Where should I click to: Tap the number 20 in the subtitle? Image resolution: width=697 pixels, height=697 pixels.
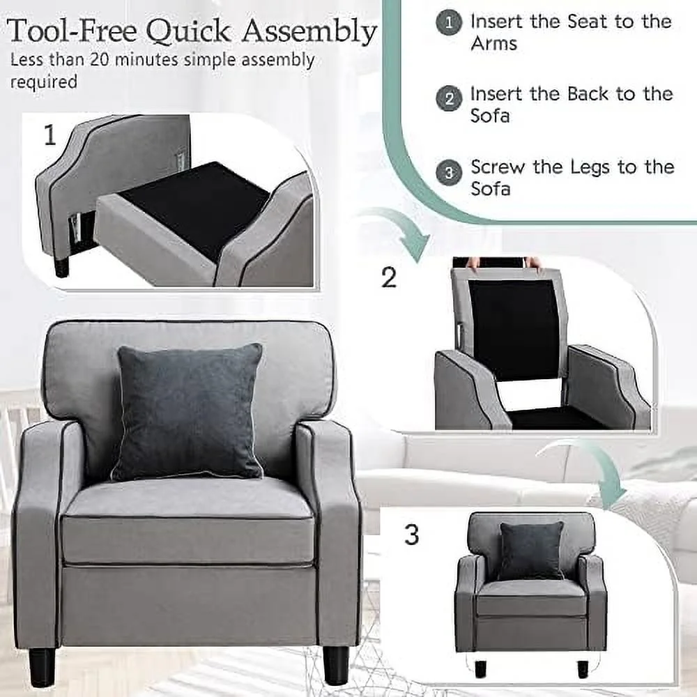(x=100, y=59)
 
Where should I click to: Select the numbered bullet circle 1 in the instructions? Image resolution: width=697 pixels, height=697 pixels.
(x=448, y=23)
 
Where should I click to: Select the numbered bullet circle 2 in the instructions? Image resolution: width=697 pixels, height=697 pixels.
(x=448, y=98)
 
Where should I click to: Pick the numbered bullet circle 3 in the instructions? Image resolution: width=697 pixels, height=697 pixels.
(x=448, y=172)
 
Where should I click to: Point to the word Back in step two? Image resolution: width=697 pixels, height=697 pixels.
(x=588, y=94)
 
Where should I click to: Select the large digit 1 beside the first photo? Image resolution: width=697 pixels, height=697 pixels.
(x=50, y=135)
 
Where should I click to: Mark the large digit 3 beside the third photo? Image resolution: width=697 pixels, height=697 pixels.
(x=412, y=535)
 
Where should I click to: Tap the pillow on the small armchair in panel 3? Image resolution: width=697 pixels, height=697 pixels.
(x=530, y=551)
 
